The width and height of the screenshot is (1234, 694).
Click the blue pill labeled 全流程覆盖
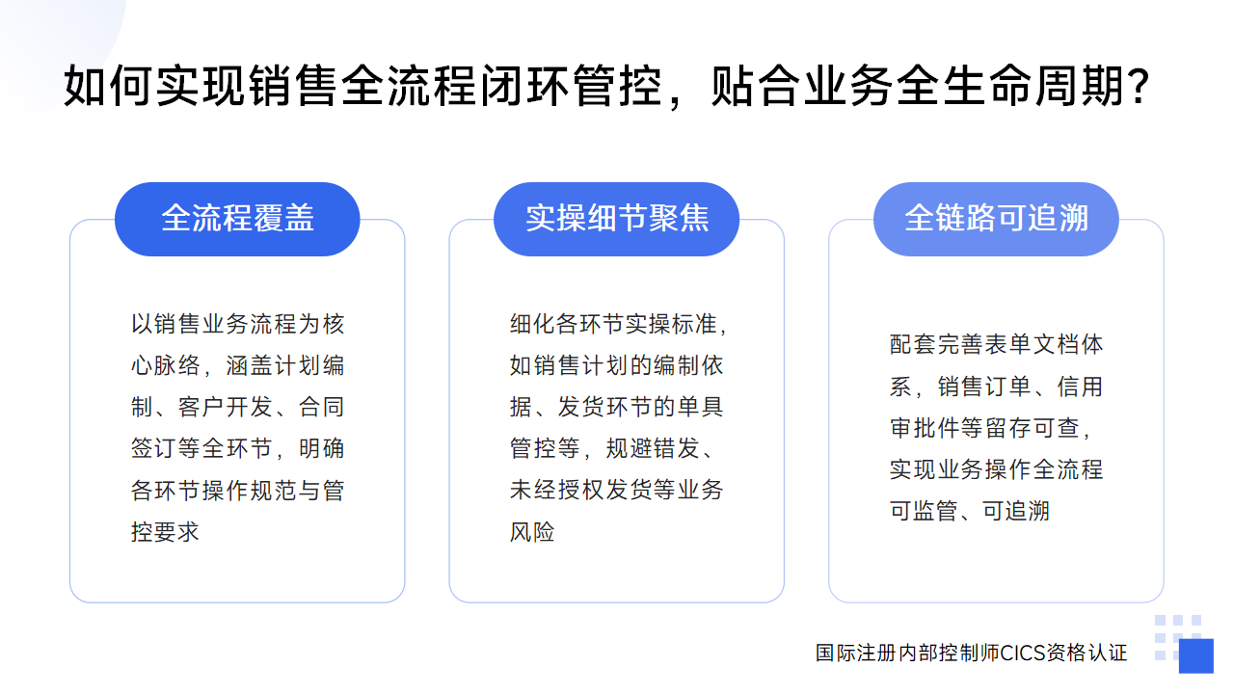pyautogui.click(x=237, y=219)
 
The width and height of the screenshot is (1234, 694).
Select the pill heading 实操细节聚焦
pyautogui.click(x=616, y=219)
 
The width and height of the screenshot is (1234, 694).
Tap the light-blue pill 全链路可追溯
pyautogui.click(x=996, y=219)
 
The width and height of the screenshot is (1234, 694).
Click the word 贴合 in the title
pyautogui.click(x=757, y=86)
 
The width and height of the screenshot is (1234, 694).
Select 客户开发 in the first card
pyautogui.click(x=225, y=407)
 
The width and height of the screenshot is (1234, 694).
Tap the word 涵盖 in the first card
pyautogui.click(x=249, y=365)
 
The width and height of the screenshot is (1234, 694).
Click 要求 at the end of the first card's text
pyautogui.click(x=176, y=532)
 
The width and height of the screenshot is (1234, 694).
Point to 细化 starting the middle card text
pyautogui.click(x=532, y=324)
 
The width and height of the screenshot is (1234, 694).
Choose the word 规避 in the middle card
pyautogui.click(x=629, y=448)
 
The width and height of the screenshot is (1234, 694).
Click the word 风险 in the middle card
pyautogui.click(x=532, y=532)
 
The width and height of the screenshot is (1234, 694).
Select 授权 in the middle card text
pyautogui.click(x=580, y=491)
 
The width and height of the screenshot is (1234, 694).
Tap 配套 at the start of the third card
pyautogui.click(x=912, y=345)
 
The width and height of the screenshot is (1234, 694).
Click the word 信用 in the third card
pyautogui.click(x=1080, y=387)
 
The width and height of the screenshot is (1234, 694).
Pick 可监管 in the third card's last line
pyautogui.click(x=924, y=511)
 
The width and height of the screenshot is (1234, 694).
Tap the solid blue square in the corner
pyautogui.click(x=1196, y=655)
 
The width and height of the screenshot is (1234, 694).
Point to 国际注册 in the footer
pyautogui.click(x=856, y=654)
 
